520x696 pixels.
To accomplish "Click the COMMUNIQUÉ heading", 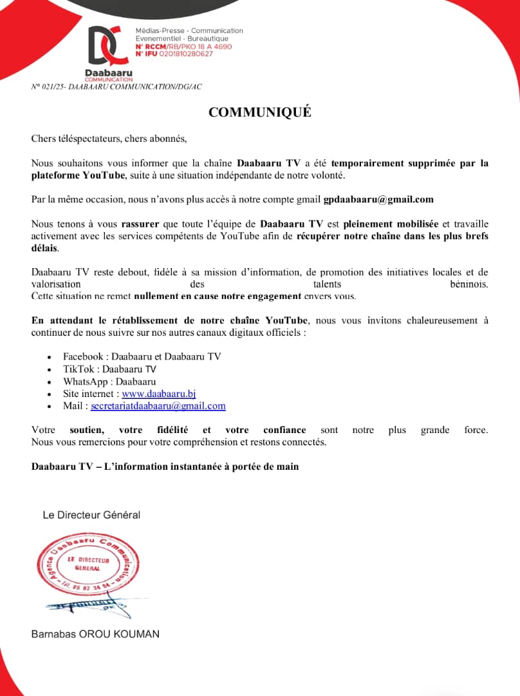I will [x=259, y=112].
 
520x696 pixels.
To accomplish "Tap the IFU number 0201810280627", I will [x=181, y=53].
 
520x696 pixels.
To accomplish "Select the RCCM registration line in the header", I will [x=183, y=46].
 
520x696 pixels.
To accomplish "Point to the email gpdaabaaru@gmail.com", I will [x=378, y=199].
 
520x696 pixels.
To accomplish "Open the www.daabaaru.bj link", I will [x=158, y=394].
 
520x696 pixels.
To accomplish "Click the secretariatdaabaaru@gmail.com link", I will [x=158, y=406].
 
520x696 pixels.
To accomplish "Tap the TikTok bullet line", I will [x=109, y=369].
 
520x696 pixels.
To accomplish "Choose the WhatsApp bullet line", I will [x=109, y=382].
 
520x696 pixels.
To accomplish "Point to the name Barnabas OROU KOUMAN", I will [x=95, y=634].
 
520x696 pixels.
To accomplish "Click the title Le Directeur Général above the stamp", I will [x=91, y=515].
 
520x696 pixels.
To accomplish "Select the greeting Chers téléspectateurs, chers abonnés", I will [x=109, y=139].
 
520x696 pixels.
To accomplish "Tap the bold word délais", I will [x=44, y=248].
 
